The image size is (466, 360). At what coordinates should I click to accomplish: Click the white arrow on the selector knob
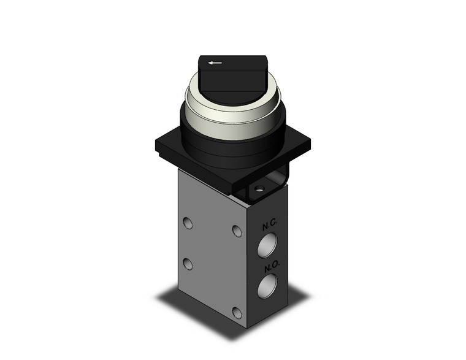point(214,63)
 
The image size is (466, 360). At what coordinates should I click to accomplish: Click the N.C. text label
point(270,226)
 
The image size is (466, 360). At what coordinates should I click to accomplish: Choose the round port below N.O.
point(267,286)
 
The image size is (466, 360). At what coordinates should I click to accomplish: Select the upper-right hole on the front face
point(237,231)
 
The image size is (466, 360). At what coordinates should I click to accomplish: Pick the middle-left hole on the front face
point(188,264)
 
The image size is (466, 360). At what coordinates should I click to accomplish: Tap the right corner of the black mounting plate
point(310,145)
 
